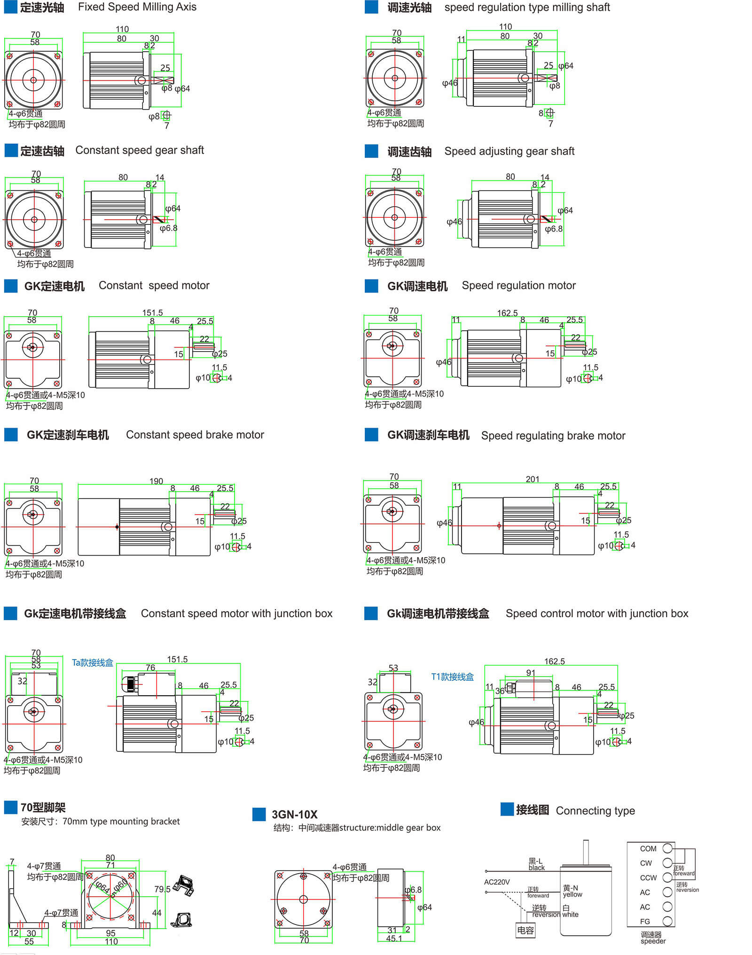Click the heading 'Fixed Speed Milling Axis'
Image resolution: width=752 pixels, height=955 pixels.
coord(137,7)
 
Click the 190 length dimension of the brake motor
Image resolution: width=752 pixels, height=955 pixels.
coord(156,481)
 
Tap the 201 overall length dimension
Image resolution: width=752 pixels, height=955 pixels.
coord(532,479)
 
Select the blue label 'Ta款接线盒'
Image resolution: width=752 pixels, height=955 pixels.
coord(92,662)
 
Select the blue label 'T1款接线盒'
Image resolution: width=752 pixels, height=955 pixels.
coord(452,676)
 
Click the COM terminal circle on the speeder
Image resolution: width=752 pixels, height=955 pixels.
coord(667,848)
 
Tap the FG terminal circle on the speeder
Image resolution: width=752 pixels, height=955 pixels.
coord(667,921)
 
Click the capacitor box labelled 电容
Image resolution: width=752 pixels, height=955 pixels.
coord(525,930)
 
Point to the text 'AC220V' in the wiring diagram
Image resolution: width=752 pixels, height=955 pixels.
coord(497,882)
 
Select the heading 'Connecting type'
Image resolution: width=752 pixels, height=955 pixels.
coord(595,811)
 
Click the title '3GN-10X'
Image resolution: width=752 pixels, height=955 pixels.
coord(294,814)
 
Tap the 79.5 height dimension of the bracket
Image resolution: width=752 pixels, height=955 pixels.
coord(162,889)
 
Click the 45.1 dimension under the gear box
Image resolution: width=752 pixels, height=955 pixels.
coord(394,939)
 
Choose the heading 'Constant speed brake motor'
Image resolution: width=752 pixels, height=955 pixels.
coord(195,435)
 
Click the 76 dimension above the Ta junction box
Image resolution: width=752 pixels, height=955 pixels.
coord(150,668)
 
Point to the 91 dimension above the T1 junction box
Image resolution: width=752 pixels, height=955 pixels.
coord(530,673)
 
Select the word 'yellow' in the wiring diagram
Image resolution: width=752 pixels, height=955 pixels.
coord(572,894)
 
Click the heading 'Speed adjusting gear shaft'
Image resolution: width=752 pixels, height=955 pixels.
coord(509,151)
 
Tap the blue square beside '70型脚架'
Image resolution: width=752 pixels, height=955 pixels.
coord(10,807)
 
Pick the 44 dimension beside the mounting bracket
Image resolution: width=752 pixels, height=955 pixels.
coord(157,913)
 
